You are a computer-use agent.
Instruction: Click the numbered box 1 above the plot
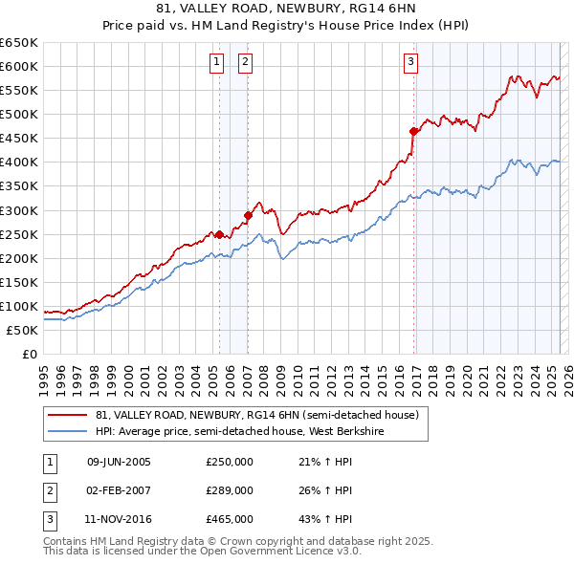tap(216, 63)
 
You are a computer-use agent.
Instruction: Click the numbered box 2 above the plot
tap(245, 63)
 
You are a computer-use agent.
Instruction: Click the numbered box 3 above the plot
tap(410, 63)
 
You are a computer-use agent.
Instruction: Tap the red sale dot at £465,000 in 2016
tap(413, 131)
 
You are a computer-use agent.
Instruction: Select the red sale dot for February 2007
tap(248, 215)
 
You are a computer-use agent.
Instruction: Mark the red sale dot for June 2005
tap(219, 234)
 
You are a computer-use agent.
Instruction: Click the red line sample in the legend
tap(69, 416)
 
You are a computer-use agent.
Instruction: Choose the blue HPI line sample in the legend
tap(69, 431)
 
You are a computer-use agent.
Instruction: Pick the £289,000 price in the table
tap(230, 490)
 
